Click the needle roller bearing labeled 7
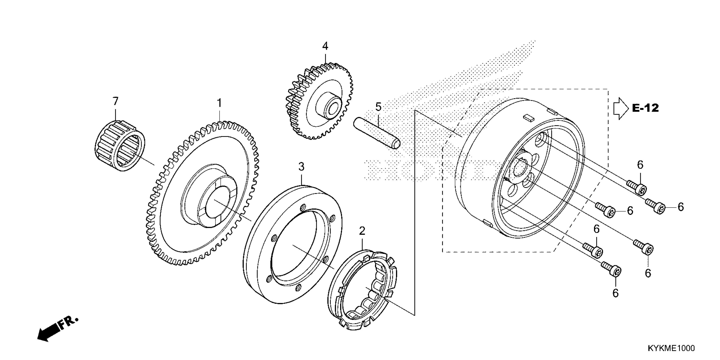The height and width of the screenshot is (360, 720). point(120,145)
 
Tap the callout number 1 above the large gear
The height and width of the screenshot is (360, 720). point(220,103)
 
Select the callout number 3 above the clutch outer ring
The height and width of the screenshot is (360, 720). point(301,167)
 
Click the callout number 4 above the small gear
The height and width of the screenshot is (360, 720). point(325,46)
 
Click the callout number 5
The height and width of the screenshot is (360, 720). point(378,107)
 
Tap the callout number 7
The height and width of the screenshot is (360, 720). point(115,101)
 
